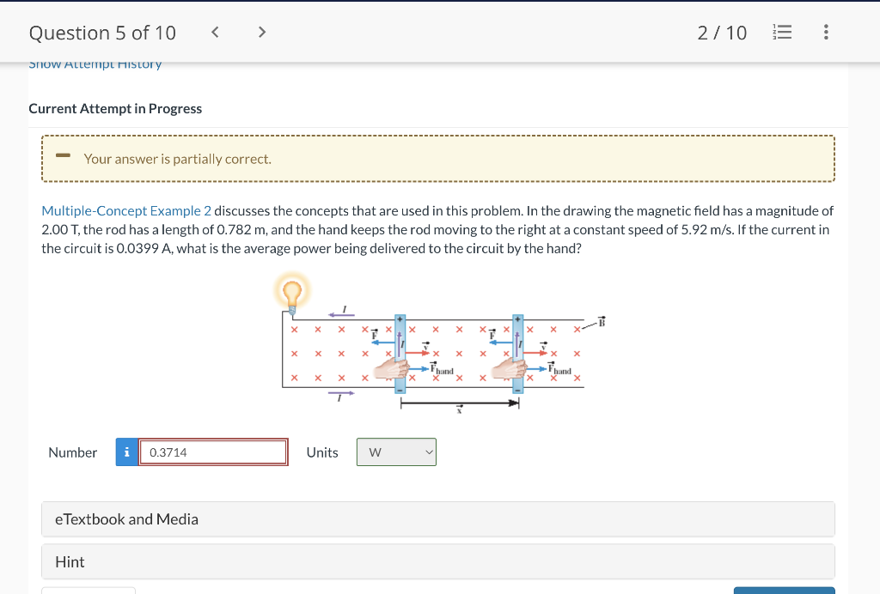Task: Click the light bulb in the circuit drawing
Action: tap(291, 294)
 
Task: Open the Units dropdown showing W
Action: tap(396, 452)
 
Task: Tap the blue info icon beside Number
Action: tap(127, 452)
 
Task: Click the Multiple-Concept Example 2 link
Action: tap(126, 210)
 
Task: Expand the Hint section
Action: tap(438, 561)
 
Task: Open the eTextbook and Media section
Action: tap(438, 519)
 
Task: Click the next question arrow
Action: tap(262, 33)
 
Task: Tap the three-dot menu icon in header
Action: tap(826, 33)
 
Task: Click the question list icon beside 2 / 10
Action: tap(783, 33)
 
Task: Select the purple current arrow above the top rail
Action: tap(341, 314)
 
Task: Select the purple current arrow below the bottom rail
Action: tap(341, 393)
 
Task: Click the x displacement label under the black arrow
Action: tap(459, 411)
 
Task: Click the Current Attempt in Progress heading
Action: tap(115, 109)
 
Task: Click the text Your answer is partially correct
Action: tap(177, 159)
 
